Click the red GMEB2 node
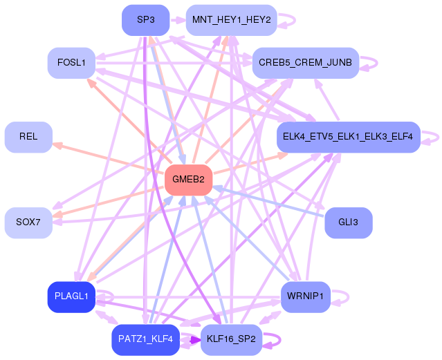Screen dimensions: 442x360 click(x=188, y=180)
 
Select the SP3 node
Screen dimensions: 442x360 click(x=146, y=20)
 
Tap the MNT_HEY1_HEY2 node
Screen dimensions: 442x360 click(x=231, y=20)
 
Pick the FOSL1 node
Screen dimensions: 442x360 click(x=71, y=63)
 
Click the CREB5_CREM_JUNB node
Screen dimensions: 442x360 click(x=306, y=63)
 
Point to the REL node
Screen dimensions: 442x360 click(x=28, y=138)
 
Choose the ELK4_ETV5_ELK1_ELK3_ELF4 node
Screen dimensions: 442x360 click(x=349, y=138)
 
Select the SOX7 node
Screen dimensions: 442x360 click(x=28, y=222)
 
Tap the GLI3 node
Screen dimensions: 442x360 click(x=349, y=222)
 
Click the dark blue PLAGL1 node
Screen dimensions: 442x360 click(x=71, y=297)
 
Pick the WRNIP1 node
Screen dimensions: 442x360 click(x=306, y=297)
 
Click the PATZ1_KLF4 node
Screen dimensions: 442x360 click(x=146, y=340)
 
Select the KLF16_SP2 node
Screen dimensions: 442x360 click(x=231, y=340)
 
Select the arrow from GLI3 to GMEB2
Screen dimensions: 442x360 click(x=268, y=201)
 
